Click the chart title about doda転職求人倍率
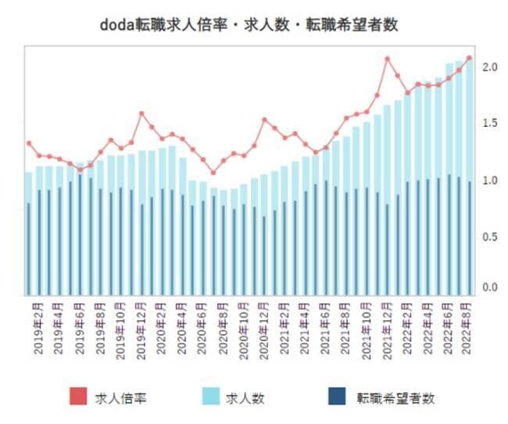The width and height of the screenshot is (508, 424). tap(249, 24)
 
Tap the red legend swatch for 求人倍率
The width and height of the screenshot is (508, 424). tap(78, 398)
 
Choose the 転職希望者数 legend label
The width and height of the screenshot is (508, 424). tap(395, 398)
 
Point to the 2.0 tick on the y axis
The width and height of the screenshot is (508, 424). tap(490, 67)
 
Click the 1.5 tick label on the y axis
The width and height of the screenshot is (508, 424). tap(490, 124)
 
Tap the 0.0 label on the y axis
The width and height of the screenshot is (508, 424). tap(490, 288)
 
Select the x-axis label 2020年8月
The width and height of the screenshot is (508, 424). tap(224, 329)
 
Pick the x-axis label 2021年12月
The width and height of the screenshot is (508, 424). tap(387, 329)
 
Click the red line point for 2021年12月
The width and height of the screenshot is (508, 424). tap(387, 59)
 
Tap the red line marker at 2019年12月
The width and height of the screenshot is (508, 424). tap(141, 113)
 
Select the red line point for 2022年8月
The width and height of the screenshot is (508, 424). tap(469, 58)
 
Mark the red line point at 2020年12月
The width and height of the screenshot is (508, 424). tap(264, 120)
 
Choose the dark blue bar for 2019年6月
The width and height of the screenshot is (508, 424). tap(80, 235)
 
